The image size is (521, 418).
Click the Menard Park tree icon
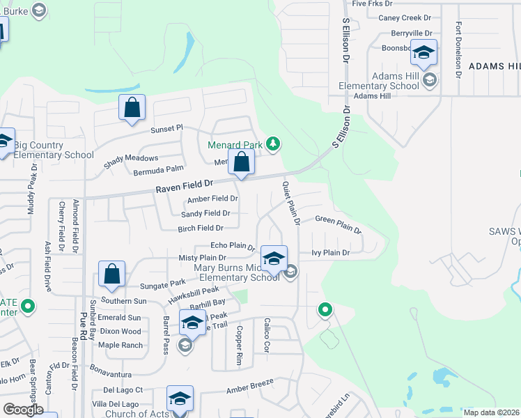(274, 144)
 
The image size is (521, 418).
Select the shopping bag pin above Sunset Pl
(132, 109)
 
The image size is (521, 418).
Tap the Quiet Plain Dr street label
(290, 203)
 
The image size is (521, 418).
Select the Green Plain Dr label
(338, 224)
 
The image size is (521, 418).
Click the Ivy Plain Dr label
(330, 252)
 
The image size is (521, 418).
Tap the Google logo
(23, 410)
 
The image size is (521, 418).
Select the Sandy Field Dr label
(205, 213)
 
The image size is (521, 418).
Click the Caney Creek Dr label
(405, 17)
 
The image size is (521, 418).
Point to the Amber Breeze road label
(249, 389)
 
